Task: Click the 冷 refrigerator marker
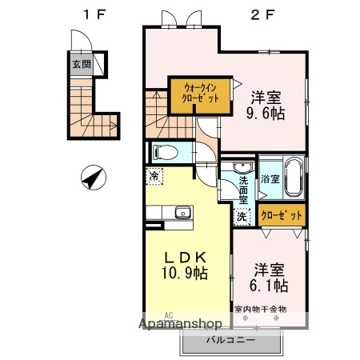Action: (x=152, y=175)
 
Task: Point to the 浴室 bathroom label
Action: (x=270, y=179)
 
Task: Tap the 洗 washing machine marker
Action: (x=242, y=215)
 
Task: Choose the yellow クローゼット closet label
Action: (x=282, y=216)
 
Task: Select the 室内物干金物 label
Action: (x=261, y=309)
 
